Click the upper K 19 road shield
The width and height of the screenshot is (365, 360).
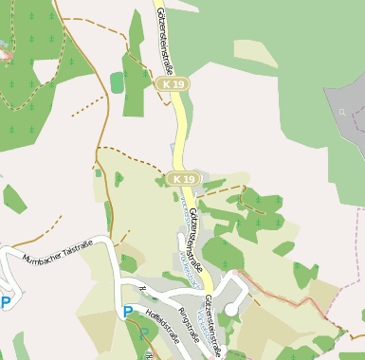coord(173,84)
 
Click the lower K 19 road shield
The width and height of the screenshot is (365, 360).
coord(183,178)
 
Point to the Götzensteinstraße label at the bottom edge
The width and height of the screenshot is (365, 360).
coord(213,322)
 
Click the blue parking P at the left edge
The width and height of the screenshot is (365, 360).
coord(6,303)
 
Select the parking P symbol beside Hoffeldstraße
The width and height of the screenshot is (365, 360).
coord(128,311)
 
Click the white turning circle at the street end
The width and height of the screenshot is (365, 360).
coord(231,309)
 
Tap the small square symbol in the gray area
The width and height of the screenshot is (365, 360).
coord(341,111)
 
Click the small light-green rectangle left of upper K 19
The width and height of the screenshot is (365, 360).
coord(117,82)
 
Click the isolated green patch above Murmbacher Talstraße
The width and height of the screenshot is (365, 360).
coord(14,199)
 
